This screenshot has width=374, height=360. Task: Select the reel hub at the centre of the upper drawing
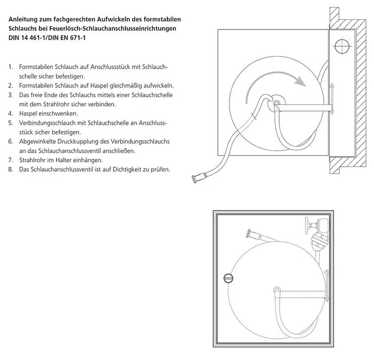click(x=276, y=105)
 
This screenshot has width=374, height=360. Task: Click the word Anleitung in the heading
click(x=23, y=20)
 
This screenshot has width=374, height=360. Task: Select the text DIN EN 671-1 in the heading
click(x=67, y=37)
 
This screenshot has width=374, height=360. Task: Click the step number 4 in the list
click(x=10, y=113)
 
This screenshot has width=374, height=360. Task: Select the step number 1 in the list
click(x=10, y=67)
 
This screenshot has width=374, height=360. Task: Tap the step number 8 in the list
click(x=10, y=169)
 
